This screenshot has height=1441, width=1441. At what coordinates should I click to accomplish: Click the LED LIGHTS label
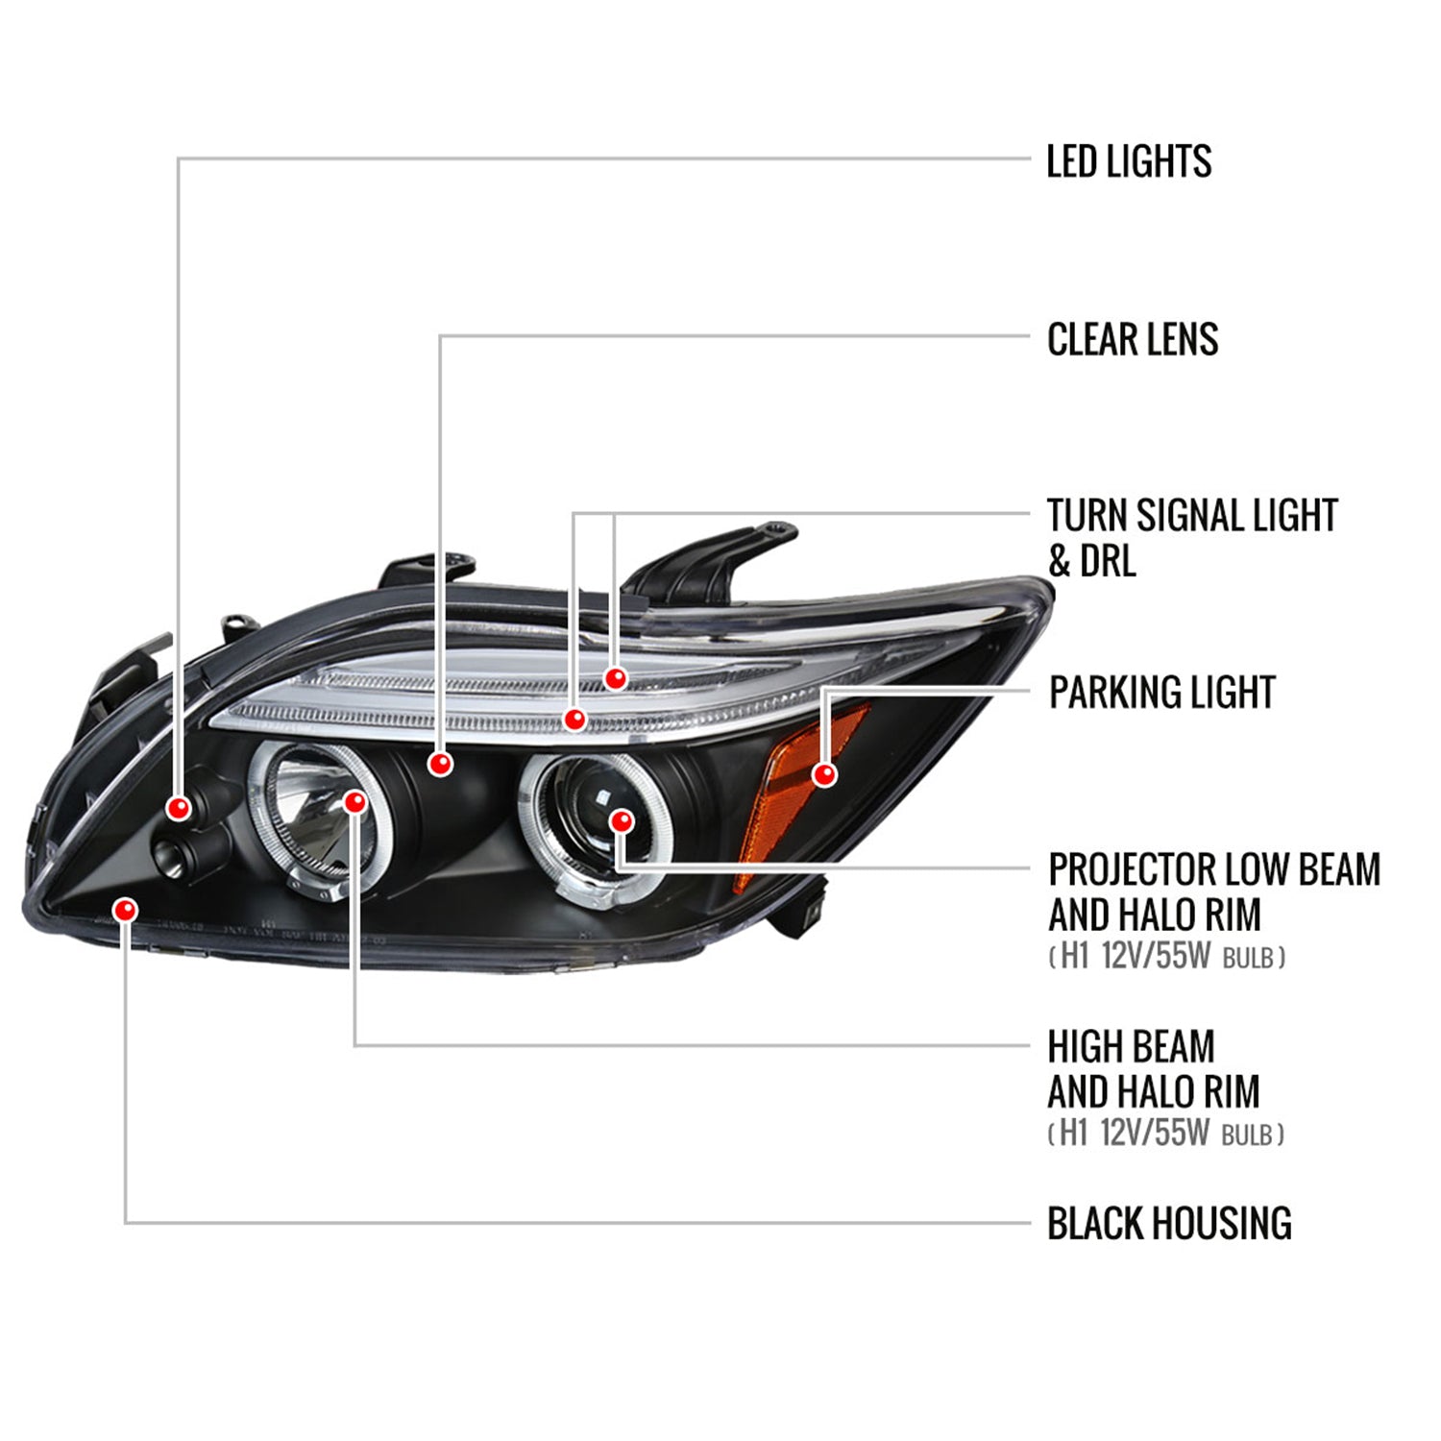(x=1128, y=161)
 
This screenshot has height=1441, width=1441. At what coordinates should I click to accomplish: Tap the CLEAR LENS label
(x=1132, y=339)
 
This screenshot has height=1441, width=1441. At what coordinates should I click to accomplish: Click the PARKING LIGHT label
(x=1161, y=693)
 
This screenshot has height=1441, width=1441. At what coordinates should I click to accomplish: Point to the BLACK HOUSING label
(x=1168, y=1224)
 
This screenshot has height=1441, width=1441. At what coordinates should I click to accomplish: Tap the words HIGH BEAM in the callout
(x=1131, y=1046)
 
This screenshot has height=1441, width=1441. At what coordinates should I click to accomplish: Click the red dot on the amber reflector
(x=824, y=774)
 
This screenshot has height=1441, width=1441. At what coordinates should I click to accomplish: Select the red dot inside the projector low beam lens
(x=622, y=821)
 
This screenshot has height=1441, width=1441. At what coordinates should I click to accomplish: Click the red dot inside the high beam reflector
(x=354, y=801)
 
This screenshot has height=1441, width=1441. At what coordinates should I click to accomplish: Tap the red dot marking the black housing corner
(x=125, y=910)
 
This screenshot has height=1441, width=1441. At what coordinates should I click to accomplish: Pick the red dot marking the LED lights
(x=178, y=808)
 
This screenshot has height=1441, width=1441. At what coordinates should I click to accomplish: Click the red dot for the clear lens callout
(x=440, y=764)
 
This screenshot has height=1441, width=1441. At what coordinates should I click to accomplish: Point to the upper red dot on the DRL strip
(x=615, y=679)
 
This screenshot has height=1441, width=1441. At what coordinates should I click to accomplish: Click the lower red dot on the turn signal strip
(x=574, y=719)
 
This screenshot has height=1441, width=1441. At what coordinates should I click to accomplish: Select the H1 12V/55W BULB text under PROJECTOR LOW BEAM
(x=1166, y=957)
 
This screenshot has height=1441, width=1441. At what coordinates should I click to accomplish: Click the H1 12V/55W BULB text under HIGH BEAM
(x=1165, y=1134)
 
